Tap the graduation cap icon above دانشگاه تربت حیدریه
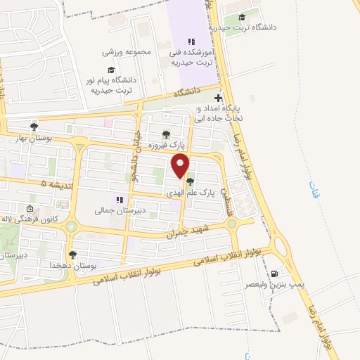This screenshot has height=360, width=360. (242, 18)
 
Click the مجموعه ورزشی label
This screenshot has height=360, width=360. (127, 52)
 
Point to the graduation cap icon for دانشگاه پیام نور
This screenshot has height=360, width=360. (110, 70)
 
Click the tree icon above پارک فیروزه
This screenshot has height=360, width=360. (166, 134)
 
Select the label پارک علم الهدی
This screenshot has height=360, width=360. (188, 191)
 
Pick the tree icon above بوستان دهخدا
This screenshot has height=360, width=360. (72, 255)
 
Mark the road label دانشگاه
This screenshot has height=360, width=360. (188, 92)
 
